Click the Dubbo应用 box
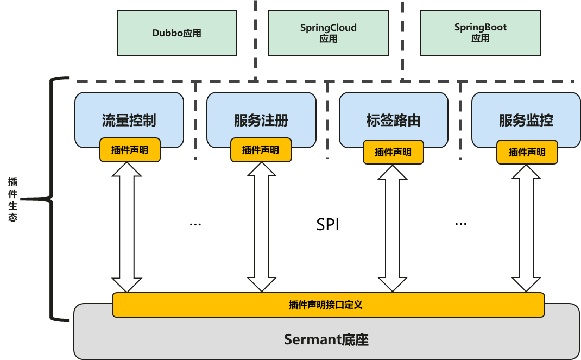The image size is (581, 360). pos(177,33)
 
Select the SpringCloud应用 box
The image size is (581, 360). pos(329,33)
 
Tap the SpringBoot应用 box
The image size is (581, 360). pos(480,33)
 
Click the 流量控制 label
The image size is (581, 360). pos(129,121)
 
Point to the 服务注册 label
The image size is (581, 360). pos(261,121)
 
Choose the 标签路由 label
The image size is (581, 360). pos(393,121)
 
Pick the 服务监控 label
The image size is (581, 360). pos(526,121)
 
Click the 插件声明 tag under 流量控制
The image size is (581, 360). pos(130,150)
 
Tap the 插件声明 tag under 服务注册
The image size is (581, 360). pos(261,150)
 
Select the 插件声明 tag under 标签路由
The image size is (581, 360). pos(393,153)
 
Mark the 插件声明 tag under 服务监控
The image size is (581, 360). pos(527,153)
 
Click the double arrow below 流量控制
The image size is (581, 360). pos(127,227)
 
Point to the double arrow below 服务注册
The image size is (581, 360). pos(262,227)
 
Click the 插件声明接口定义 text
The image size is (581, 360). pos(325,305)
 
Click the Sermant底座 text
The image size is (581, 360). pos(326,340)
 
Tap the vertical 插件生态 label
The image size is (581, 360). pos(12,199)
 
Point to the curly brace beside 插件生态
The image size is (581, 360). pos(52,199)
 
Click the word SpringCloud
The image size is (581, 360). pos(329,28)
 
